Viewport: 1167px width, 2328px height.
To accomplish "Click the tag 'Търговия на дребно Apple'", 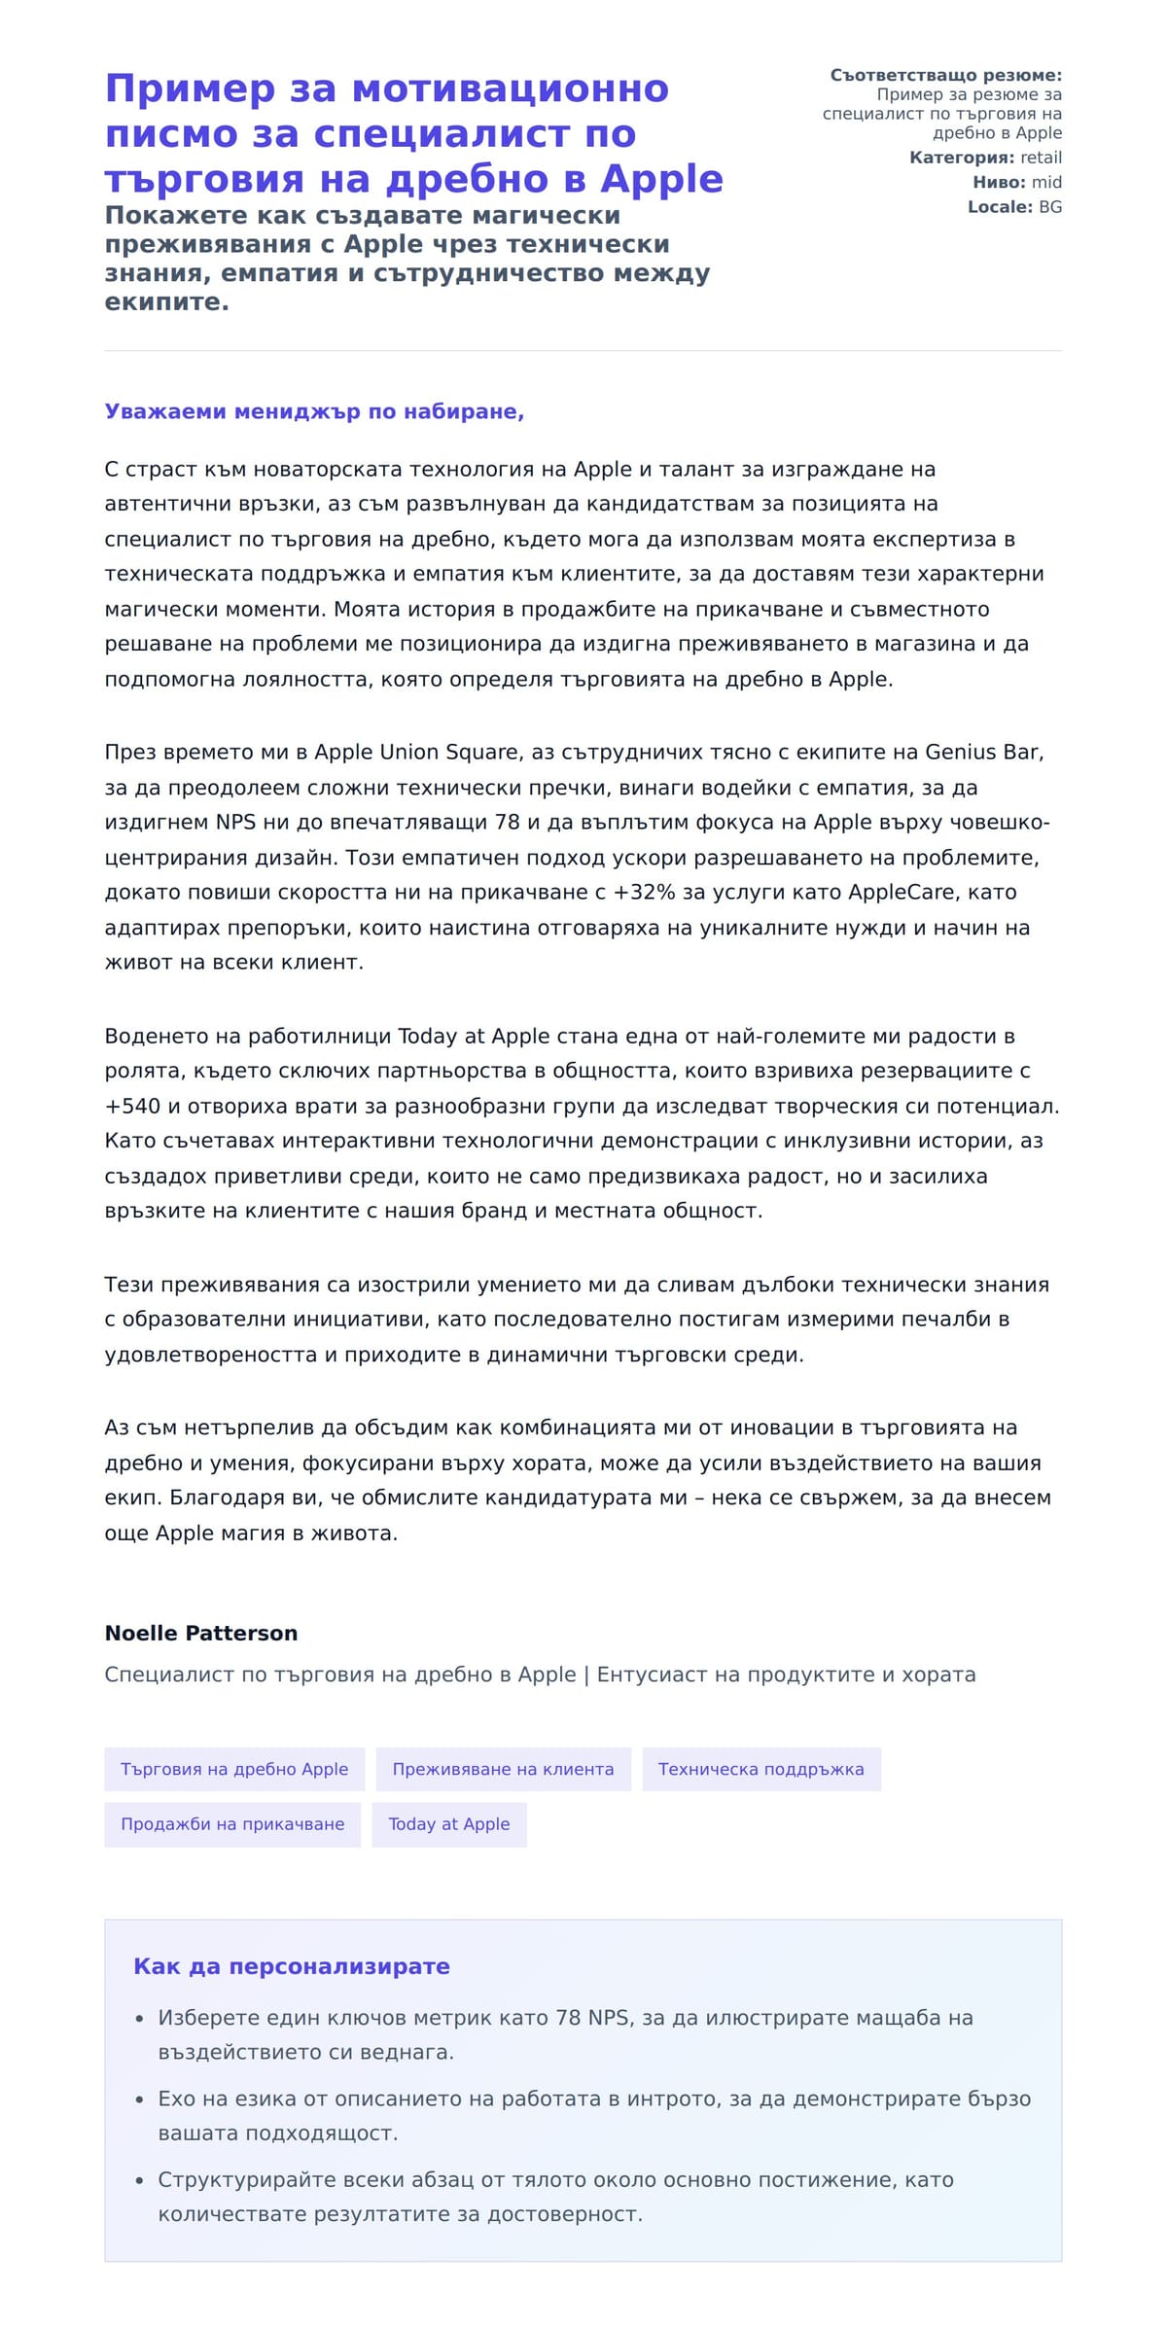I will click(234, 1769).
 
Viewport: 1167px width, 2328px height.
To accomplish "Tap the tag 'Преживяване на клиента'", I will click(503, 1769).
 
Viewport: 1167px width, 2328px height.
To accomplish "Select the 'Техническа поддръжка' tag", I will click(760, 1769).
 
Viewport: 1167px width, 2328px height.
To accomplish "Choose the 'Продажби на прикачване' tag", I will click(232, 1824).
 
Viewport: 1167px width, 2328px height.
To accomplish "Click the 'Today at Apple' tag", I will click(448, 1824).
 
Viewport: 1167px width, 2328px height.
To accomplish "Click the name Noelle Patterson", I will click(201, 1633).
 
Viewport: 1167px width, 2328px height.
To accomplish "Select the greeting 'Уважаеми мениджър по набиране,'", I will click(314, 411).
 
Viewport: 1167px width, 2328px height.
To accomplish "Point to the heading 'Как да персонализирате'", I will click(291, 1966).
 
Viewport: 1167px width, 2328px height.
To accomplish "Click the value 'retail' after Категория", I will click(1041, 158).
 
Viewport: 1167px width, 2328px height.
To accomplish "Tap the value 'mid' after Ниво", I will click(1046, 182).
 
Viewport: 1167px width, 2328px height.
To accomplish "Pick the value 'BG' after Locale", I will click(1050, 207).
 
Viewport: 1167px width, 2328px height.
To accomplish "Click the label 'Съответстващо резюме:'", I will click(945, 75).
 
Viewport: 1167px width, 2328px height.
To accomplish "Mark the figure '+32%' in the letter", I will click(644, 892).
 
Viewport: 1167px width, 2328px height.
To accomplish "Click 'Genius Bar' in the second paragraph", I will click(982, 752).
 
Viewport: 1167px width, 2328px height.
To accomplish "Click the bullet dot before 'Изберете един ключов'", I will click(140, 2019).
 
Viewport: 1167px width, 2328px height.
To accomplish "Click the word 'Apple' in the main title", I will click(661, 179).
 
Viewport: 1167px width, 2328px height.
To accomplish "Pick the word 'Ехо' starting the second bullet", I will click(177, 2099).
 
